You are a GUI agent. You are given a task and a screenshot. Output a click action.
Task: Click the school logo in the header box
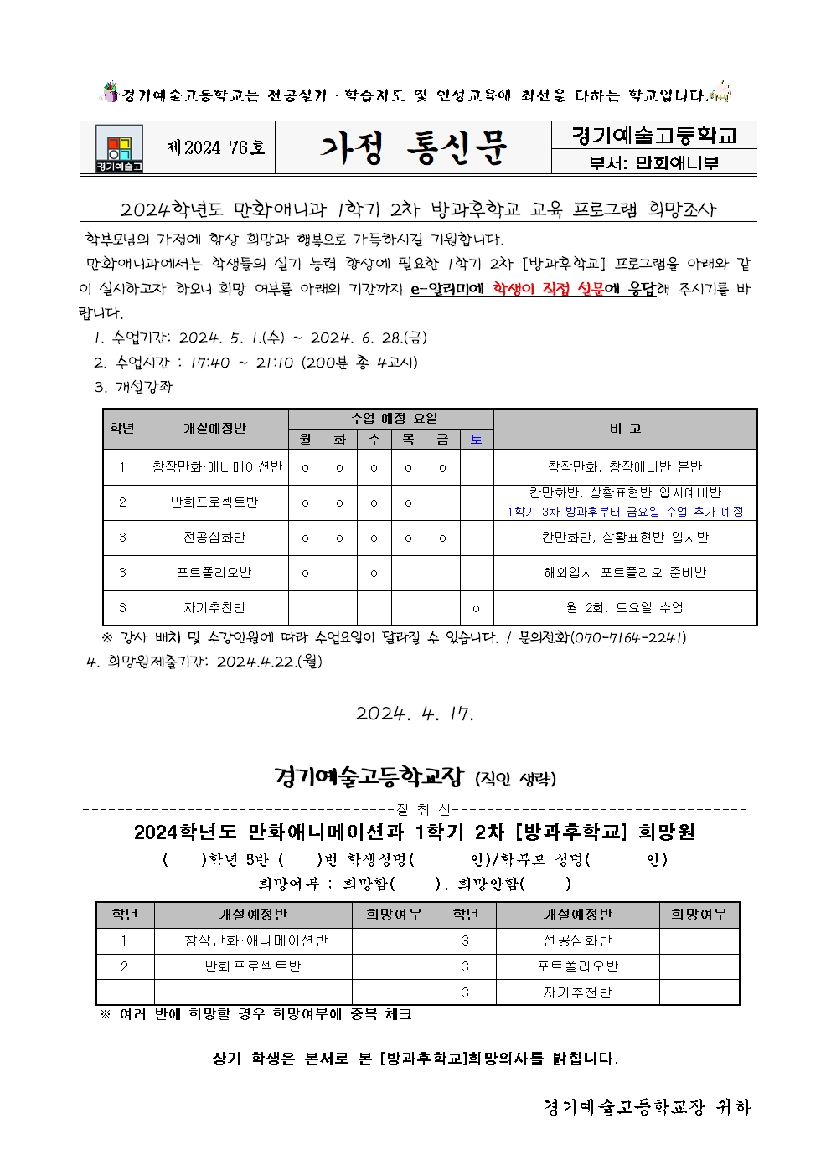119,148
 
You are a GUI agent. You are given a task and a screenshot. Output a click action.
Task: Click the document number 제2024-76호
216,148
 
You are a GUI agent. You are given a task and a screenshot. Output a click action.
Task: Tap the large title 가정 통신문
413,148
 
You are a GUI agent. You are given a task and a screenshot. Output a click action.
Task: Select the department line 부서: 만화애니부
653,162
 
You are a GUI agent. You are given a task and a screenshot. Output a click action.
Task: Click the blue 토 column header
476,439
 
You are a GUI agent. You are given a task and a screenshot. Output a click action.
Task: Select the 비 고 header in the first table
625,429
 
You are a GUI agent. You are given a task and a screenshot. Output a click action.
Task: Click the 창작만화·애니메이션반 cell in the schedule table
216,467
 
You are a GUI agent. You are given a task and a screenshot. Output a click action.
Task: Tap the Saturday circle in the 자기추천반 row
476,609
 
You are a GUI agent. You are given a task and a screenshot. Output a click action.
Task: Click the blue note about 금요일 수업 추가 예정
625,511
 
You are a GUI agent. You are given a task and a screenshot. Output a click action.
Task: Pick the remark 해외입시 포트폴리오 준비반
625,573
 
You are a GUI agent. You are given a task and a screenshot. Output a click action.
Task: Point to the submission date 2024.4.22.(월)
269,662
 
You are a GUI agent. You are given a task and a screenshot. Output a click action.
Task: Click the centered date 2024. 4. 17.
415,714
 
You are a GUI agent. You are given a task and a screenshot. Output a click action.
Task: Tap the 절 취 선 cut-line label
423,809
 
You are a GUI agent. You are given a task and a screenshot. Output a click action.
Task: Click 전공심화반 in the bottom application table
577,941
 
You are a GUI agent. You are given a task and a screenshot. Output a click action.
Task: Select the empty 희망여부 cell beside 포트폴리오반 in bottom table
699,966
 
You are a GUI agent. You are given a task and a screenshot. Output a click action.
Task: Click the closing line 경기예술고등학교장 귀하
647,1107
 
